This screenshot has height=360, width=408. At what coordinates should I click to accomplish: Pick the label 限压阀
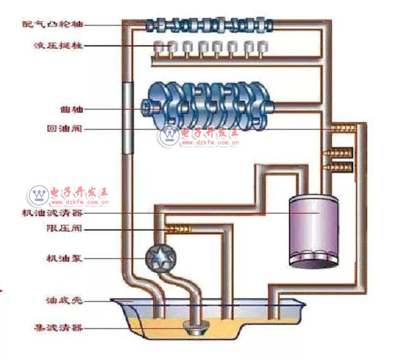64,228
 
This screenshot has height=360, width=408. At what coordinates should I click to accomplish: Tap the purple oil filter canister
313,230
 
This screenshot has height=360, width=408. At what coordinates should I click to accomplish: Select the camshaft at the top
209,24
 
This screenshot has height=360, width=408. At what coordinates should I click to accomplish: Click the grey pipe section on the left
127,117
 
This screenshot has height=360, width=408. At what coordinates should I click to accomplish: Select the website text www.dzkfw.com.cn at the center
211,143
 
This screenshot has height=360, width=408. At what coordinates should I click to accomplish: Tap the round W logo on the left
37,194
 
